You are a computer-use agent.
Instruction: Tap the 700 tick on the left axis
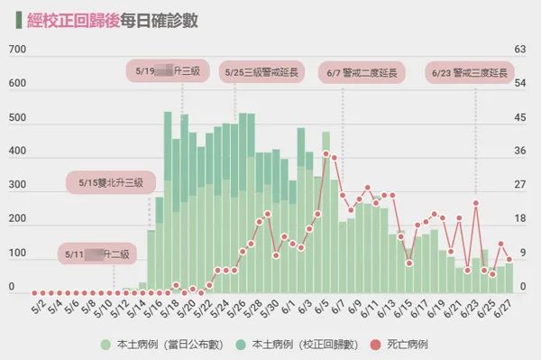[x=16, y=51]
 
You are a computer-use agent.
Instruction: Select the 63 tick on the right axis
[x=518, y=51]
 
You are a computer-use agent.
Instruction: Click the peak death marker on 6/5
[x=326, y=153]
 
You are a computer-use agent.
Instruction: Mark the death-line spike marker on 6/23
[x=475, y=203]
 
